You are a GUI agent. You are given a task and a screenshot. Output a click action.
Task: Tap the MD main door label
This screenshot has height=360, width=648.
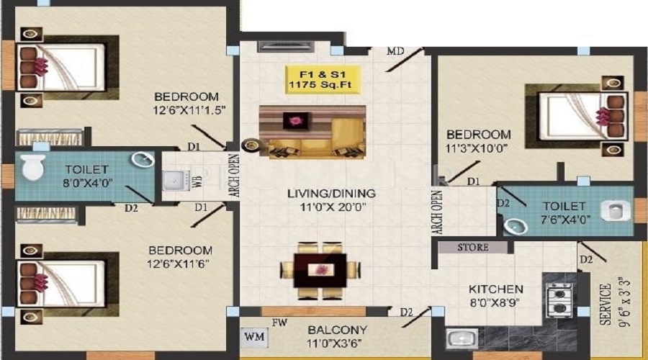tap(395, 51)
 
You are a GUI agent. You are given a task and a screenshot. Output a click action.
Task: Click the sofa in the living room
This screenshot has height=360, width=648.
tap(312, 132)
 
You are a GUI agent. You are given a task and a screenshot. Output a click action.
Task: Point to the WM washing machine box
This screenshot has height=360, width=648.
tap(253, 336)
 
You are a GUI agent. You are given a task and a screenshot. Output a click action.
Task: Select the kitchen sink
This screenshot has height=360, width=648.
tap(459, 338)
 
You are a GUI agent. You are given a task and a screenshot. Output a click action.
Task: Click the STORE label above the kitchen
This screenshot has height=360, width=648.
tap(473, 248)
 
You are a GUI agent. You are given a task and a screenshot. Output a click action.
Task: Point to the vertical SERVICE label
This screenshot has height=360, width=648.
tap(605, 305)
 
